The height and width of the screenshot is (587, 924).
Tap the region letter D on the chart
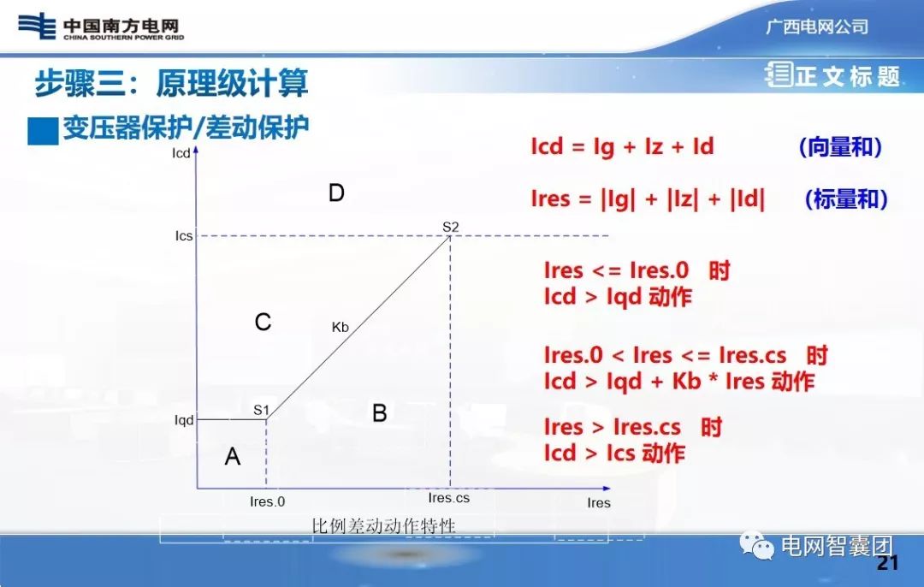pyautogui.click(x=336, y=193)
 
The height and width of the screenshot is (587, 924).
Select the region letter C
pyautogui.click(x=264, y=323)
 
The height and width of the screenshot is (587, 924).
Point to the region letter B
pyautogui.click(x=380, y=414)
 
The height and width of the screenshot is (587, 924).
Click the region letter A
pyautogui.click(x=232, y=458)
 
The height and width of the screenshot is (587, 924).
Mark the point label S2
pyautogui.click(x=451, y=227)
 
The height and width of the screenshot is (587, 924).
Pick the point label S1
pyautogui.click(x=262, y=410)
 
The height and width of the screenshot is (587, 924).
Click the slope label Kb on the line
pyautogui.click(x=341, y=326)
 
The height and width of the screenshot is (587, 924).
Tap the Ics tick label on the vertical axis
pyautogui.click(x=184, y=236)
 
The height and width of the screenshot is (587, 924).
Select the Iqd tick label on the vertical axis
pyautogui.click(x=184, y=420)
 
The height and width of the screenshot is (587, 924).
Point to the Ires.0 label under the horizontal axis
pyautogui.click(x=267, y=502)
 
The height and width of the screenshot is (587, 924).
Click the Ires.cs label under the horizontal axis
pyautogui.click(x=449, y=498)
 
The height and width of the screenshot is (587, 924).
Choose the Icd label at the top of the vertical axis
pyautogui.click(x=181, y=155)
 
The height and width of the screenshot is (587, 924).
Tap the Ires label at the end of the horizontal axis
pyautogui.click(x=599, y=503)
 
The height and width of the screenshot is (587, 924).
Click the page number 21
pyautogui.click(x=888, y=563)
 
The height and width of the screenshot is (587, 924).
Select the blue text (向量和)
pyautogui.click(x=840, y=147)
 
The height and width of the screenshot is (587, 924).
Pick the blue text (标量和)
pyautogui.click(x=846, y=199)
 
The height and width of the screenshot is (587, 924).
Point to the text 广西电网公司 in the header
pyautogui.click(x=817, y=27)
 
